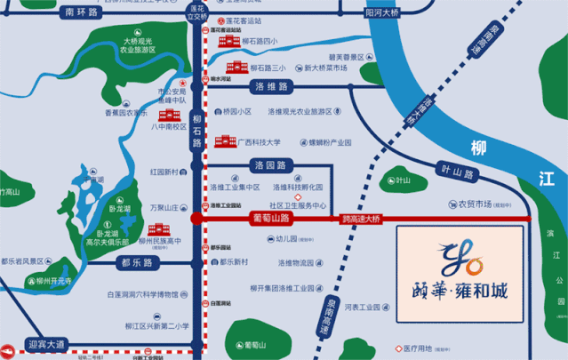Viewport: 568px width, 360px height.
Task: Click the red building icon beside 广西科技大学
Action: (221, 141)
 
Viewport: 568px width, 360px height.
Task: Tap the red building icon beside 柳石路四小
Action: (226, 41)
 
